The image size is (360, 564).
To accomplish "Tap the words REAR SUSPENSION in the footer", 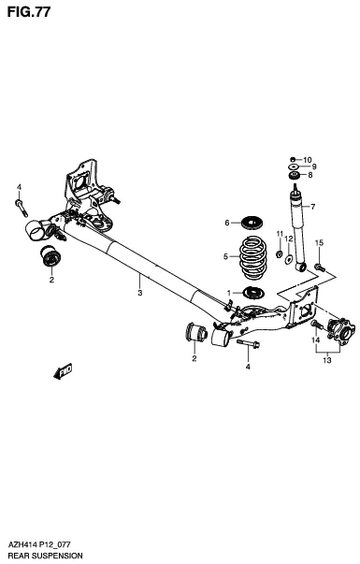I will point(44,556).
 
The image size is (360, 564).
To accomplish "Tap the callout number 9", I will point(314,166).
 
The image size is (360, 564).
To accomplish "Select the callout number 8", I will point(309,175).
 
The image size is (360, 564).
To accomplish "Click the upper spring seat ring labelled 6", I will point(251,223).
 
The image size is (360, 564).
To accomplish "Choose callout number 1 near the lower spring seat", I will point(228,293).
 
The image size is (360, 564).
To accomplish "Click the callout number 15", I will point(320,243).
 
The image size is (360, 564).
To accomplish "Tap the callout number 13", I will point(326,359).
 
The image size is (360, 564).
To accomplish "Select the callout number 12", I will point(289,240).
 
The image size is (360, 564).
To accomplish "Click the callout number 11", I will point(278,247).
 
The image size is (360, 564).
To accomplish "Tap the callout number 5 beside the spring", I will point(225,255).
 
